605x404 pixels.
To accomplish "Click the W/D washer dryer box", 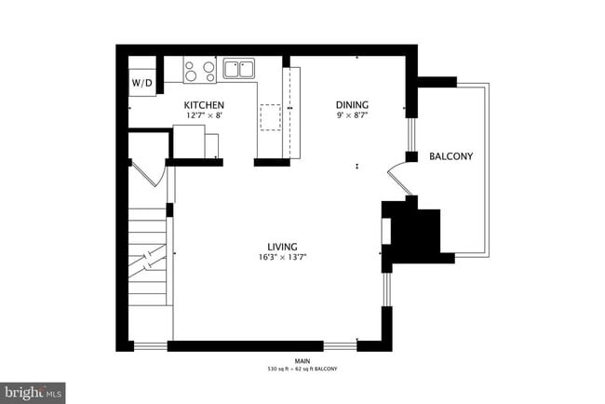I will [x=142, y=82].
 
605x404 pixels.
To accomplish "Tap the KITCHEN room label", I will [x=205, y=105].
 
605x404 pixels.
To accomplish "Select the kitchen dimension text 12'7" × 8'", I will [x=205, y=116].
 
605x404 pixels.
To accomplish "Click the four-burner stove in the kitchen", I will [x=198, y=69].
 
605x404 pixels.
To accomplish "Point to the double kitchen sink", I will [x=239, y=68].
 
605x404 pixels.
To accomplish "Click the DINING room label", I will [x=352, y=105].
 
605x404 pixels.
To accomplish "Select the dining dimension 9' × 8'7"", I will [x=352, y=116].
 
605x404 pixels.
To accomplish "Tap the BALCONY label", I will [x=450, y=156].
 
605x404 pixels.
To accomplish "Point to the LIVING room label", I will [x=282, y=246].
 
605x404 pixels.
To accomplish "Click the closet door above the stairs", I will [x=146, y=173].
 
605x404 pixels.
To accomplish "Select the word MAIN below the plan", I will [x=302, y=361].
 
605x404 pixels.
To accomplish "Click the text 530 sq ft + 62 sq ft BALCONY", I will [x=302, y=370].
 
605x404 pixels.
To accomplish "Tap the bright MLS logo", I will [x=34, y=391].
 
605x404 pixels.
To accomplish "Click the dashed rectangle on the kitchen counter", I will [x=271, y=119].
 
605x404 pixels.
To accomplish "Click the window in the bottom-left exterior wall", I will [x=149, y=346].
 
